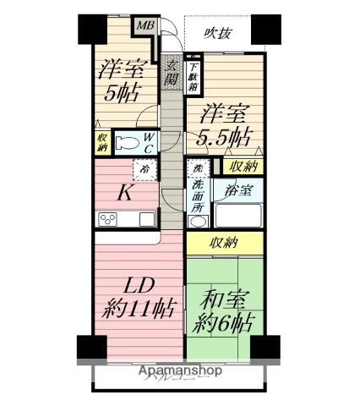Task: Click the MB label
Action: click(x=145, y=25)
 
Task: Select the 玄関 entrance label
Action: click(x=172, y=74)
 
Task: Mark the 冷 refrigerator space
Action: click(x=145, y=168)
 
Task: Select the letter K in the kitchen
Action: click(x=123, y=194)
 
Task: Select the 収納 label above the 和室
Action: click(x=223, y=244)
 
